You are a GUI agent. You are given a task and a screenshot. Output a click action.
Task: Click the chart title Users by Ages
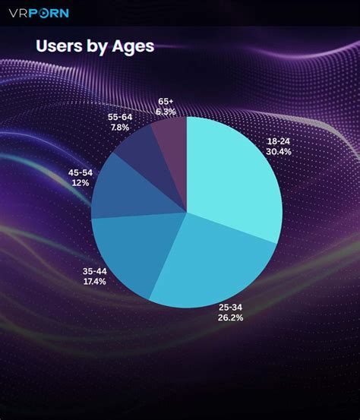(95, 46)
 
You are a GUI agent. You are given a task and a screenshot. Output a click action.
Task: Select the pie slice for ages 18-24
(235, 178)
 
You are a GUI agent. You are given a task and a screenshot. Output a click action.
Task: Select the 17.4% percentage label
(95, 281)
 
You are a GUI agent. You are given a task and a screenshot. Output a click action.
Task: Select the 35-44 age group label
(95, 270)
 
